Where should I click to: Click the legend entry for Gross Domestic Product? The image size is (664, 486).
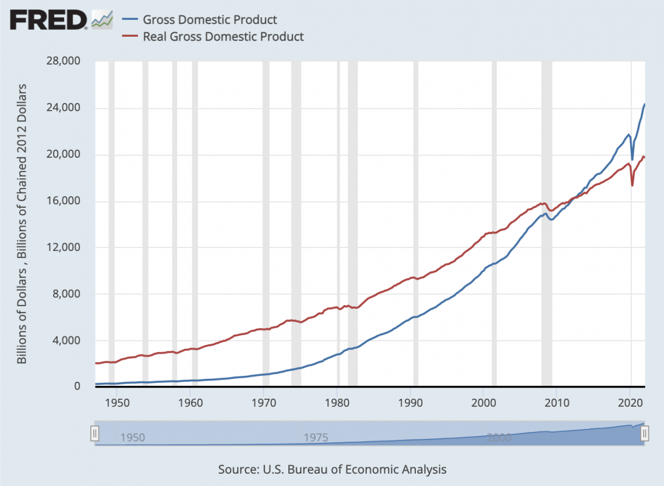coord(210,20)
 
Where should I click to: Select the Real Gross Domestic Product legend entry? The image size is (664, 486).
coord(223,36)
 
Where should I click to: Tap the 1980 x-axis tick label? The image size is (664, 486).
coord(337,402)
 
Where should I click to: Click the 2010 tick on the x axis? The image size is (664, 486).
coord(557,402)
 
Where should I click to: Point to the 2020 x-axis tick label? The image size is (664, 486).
coord(630,402)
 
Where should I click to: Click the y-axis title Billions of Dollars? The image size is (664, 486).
coord(22,224)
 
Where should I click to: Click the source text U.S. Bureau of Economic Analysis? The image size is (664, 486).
coord(332,469)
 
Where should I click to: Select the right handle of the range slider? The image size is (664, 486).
coord(645,433)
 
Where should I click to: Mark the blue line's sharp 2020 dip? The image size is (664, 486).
coord(633,159)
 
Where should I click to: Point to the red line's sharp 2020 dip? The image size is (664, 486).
coord(633,185)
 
